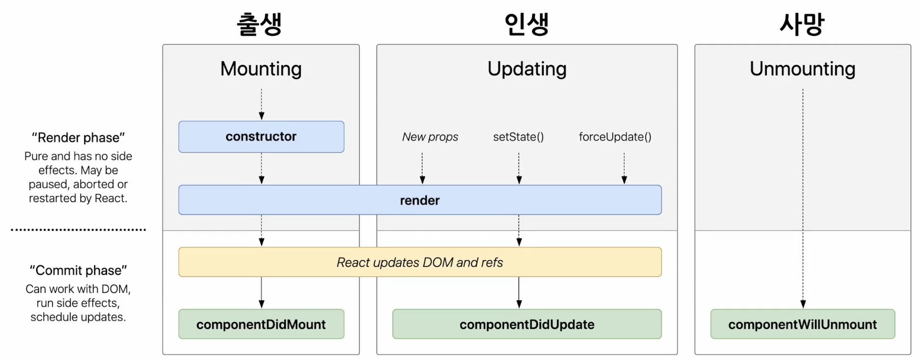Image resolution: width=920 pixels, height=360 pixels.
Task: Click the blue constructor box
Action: [x=261, y=137]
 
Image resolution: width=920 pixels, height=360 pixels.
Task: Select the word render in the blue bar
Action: [x=420, y=200]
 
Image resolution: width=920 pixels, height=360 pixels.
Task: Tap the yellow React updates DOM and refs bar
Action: [x=420, y=262]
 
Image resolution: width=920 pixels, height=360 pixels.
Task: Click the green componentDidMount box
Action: [x=261, y=324]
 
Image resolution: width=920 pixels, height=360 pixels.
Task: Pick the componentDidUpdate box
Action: [x=527, y=324]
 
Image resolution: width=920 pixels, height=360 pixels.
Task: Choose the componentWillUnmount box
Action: [x=802, y=324]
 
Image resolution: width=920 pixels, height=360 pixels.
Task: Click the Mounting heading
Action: [x=261, y=69]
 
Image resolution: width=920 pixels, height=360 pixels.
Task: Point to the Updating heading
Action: [x=527, y=69]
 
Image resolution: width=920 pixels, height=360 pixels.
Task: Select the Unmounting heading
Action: [x=802, y=69]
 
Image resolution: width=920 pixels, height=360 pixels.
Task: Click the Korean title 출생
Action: [x=259, y=24]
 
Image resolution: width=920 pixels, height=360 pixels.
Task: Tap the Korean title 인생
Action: [x=527, y=24]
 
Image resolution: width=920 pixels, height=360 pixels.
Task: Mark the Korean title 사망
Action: [x=802, y=24]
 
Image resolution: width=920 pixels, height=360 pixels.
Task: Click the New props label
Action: [x=430, y=137]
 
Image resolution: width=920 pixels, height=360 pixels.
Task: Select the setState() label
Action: [x=518, y=137]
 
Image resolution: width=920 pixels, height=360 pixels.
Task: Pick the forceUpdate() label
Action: [x=615, y=137]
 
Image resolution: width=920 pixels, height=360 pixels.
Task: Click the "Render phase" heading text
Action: [x=78, y=137]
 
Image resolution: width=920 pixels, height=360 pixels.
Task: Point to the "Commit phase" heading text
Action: [x=78, y=270]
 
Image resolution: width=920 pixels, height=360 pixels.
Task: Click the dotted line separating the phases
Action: [x=78, y=229]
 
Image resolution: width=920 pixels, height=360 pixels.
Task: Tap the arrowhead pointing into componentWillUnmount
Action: [x=803, y=304]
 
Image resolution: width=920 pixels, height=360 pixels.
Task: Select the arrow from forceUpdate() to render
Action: [x=624, y=167]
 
